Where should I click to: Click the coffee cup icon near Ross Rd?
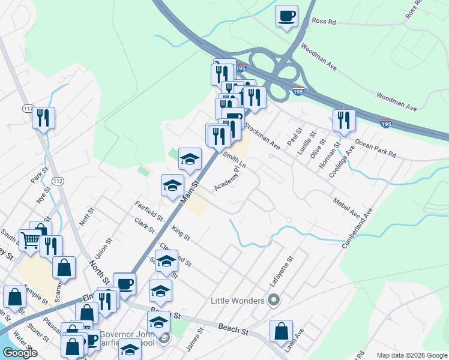286,15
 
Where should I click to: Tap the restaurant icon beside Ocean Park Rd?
344,119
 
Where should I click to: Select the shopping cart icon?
30,239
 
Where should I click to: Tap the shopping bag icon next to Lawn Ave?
280,331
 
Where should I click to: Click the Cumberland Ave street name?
358,228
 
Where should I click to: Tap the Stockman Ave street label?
262,135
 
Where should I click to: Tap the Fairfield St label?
148,210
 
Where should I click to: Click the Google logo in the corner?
19,353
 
